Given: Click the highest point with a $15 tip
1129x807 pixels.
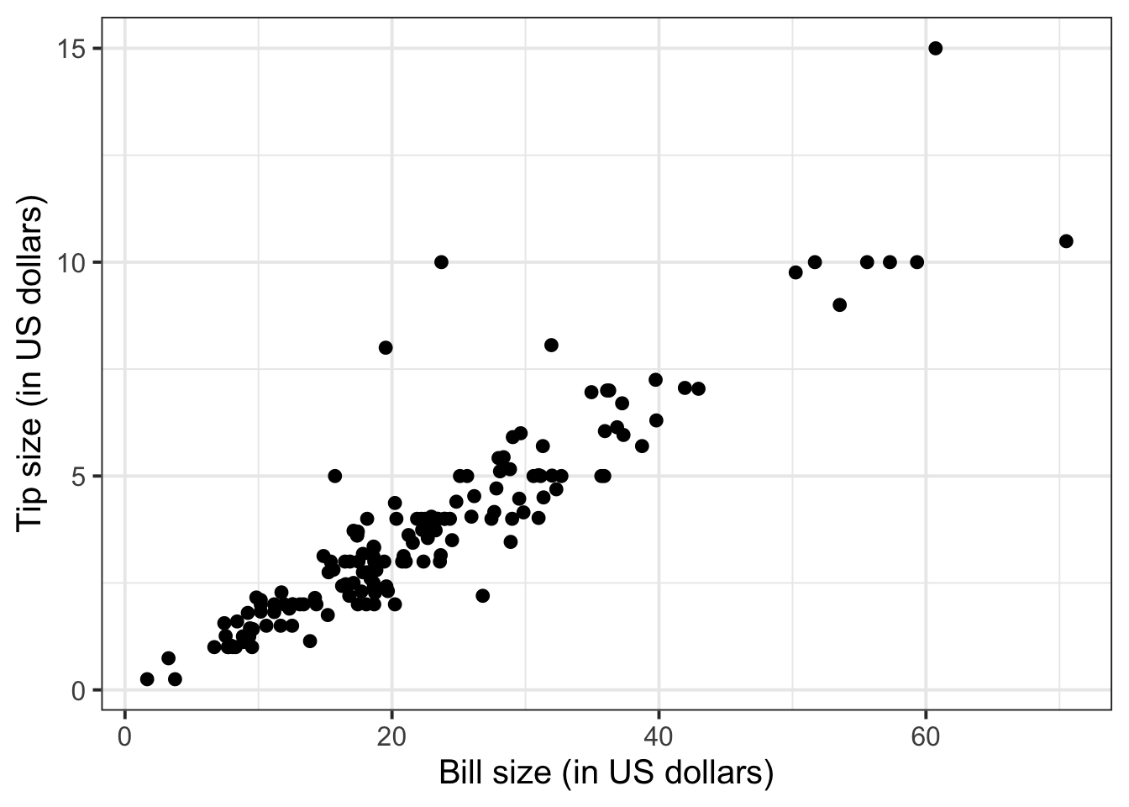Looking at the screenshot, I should click(935, 48).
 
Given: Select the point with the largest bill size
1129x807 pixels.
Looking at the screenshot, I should click(1066, 241).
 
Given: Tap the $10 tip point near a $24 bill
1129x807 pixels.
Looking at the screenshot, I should click(441, 262).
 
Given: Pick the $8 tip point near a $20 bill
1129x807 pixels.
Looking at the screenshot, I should click(386, 347).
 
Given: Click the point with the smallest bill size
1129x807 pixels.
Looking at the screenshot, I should click(147, 678).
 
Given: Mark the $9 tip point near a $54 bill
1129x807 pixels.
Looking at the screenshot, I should click(839, 304).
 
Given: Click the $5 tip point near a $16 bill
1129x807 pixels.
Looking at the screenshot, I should click(334, 476).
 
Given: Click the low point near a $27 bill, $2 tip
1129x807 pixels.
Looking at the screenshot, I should click(482, 595).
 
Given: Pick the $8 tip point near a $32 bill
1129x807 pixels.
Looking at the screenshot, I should click(551, 345).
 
